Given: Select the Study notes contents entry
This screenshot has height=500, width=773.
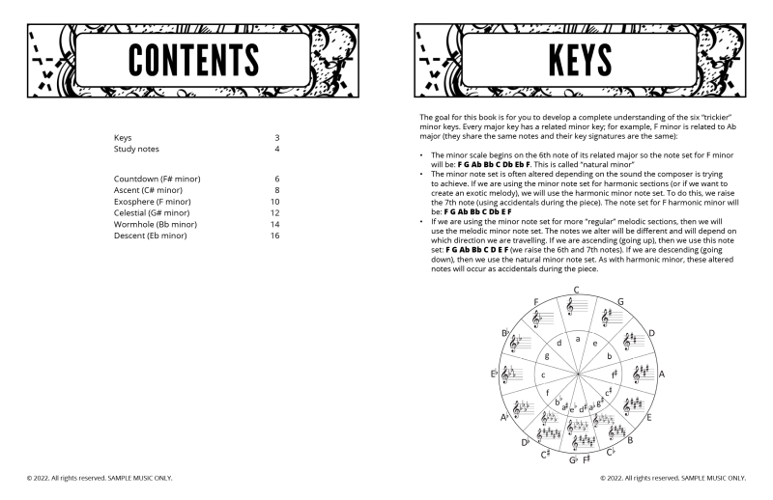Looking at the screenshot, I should pyautogui.click(x=136, y=150).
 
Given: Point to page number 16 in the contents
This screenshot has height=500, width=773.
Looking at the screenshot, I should pyautogui.click(x=274, y=236).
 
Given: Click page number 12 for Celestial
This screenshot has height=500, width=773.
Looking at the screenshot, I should pyautogui.click(x=274, y=213).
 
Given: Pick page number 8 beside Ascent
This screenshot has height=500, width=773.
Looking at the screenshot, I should pyautogui.click(x=276, y=191).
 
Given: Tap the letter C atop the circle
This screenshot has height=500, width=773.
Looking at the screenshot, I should pyautogui.click(x=576, y=291).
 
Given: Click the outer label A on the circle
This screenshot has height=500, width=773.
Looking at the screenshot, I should pyautogui.click(x=662, y=373).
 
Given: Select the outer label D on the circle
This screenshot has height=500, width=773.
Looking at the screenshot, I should pyautogui.click(x=652, y=332).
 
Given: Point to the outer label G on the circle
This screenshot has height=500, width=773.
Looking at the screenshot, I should pyautogui.click(x=620, y=302).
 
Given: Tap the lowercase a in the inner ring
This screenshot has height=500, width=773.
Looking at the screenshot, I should pyautogui.click(x=577, y=338).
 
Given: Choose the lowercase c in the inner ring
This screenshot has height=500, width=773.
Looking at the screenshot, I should pyautogui.click(x=544, y=375).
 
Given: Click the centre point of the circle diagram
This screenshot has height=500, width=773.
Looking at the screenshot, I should pyautogui.click(x=577, y=373).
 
